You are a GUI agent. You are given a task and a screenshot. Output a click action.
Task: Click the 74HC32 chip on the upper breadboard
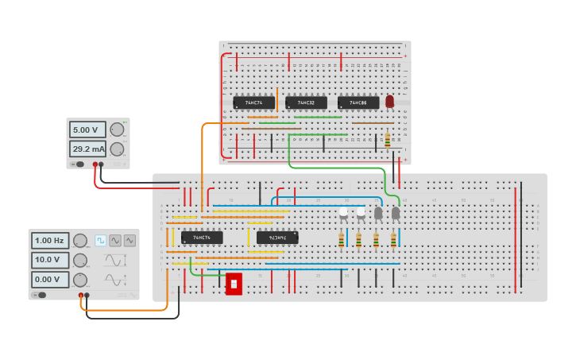pos(306,103)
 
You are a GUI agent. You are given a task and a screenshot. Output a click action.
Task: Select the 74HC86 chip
pos(358,103)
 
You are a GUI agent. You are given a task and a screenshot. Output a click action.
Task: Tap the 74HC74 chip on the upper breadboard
pos(253,103)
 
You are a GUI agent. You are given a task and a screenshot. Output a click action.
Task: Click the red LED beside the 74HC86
pos(389,102)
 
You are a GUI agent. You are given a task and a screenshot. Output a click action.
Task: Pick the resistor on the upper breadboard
pos(387,140)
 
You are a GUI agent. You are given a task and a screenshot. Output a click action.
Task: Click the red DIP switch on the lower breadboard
pos(234,284)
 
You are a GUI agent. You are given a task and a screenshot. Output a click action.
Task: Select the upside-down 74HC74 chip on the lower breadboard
pos(277,238)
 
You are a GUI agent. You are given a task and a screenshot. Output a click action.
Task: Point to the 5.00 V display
pos(87,130)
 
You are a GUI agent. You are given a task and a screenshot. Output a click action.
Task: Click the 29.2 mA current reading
pos(87,149)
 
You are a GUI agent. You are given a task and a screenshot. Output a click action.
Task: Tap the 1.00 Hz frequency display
pos(50,240)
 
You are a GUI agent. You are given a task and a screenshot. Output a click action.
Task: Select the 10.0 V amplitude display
pos(50,260)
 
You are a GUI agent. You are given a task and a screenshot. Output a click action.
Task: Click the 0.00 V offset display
pos(50,280)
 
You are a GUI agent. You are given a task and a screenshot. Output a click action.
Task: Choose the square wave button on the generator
pos(101,240)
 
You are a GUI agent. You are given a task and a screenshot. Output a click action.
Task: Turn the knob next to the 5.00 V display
pos(117,130)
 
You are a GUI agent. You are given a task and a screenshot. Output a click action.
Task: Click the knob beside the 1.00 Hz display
pos(80,241)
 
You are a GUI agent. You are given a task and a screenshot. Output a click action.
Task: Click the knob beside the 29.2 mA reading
pos(117,149)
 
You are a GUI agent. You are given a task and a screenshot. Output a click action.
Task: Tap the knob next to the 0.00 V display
pos(80,280)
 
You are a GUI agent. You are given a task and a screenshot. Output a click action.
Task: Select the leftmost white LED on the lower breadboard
pos(343,211)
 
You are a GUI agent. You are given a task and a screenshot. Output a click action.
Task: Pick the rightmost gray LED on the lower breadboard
pos(396,212)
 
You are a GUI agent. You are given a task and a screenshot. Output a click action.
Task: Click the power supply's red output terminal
pos(95,165)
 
